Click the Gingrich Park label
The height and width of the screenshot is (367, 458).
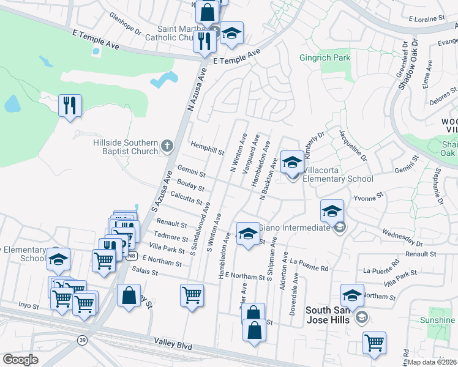tap(325, 59)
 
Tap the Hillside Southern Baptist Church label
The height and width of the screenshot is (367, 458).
tap(126, 147)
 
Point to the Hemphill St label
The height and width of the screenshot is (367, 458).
tap(207, 149)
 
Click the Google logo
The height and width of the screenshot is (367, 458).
tap(20, 359)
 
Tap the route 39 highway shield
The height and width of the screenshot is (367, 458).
tap(81, 339)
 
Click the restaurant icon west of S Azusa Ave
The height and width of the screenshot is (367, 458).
tap(70, 105)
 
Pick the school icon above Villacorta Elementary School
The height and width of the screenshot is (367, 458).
tap(292, 163)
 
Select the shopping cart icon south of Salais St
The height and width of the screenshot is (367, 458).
tap(192, 295)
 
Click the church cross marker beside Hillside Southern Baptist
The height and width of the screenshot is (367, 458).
tap(167, 147)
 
